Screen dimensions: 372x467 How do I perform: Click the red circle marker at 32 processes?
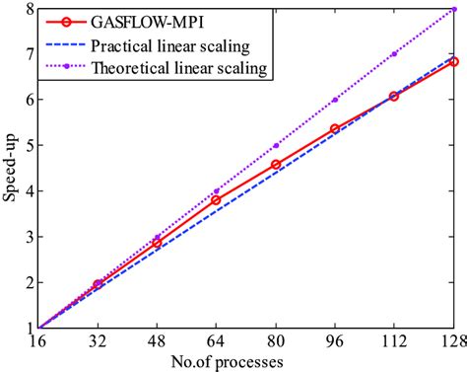pos(97,284)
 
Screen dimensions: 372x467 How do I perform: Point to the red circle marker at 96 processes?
pos(335,129)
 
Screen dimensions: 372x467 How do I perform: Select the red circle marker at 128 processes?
pos(453,61)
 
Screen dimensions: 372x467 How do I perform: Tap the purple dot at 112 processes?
pos(394,54)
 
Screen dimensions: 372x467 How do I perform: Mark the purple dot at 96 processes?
pos(335,100)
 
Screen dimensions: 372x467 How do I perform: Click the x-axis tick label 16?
pos(37,341)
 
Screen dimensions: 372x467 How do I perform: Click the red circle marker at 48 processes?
pos(156,243)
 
